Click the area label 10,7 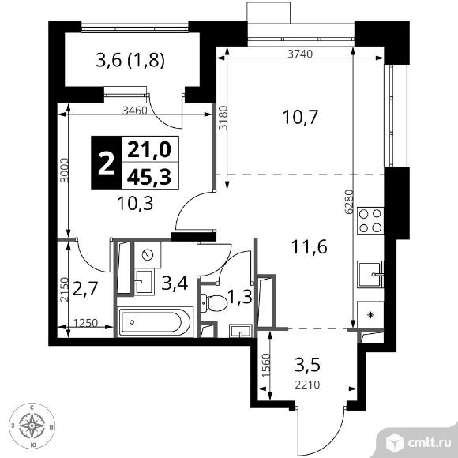[x=300, y=118]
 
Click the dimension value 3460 [x=137, y=111]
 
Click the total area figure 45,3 [x=137, y=175]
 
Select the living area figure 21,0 [x=137, y=148]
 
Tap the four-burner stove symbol [x=370, y=220]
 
